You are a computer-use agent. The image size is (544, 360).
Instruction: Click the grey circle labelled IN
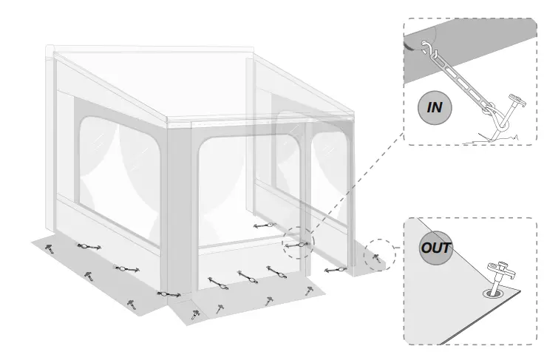point(435,108)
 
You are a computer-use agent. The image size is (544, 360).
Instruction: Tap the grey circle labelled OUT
point(435,248)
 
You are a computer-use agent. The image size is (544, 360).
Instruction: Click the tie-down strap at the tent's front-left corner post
point(169,293)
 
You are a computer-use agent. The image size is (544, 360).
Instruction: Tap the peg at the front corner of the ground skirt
point(195,314)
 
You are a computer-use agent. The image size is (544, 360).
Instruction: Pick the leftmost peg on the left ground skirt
point(50,248)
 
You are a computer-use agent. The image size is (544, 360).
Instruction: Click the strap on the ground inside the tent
point(264,225)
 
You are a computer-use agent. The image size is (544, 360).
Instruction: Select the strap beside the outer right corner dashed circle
point(337,269)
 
